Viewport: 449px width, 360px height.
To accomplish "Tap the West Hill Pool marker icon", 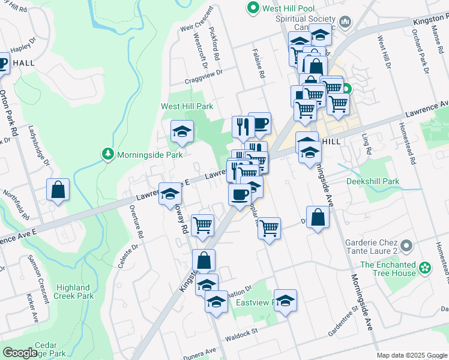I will pos(253,8).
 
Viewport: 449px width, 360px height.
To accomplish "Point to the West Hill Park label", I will pos(187,106).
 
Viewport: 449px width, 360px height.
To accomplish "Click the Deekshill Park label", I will pos(372,181).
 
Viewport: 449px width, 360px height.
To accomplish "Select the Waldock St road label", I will pos(241,331).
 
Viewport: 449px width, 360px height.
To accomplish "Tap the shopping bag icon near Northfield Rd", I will pos(59,190).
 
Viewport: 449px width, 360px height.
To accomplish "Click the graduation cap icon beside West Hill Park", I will pos(181,132).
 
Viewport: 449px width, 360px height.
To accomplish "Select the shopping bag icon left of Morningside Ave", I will pos(318,217).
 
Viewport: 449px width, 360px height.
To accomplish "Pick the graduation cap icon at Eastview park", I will pos(285,300).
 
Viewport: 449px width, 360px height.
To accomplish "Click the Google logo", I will pos(20,352).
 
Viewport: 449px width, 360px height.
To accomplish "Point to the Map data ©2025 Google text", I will pos(411,355).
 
